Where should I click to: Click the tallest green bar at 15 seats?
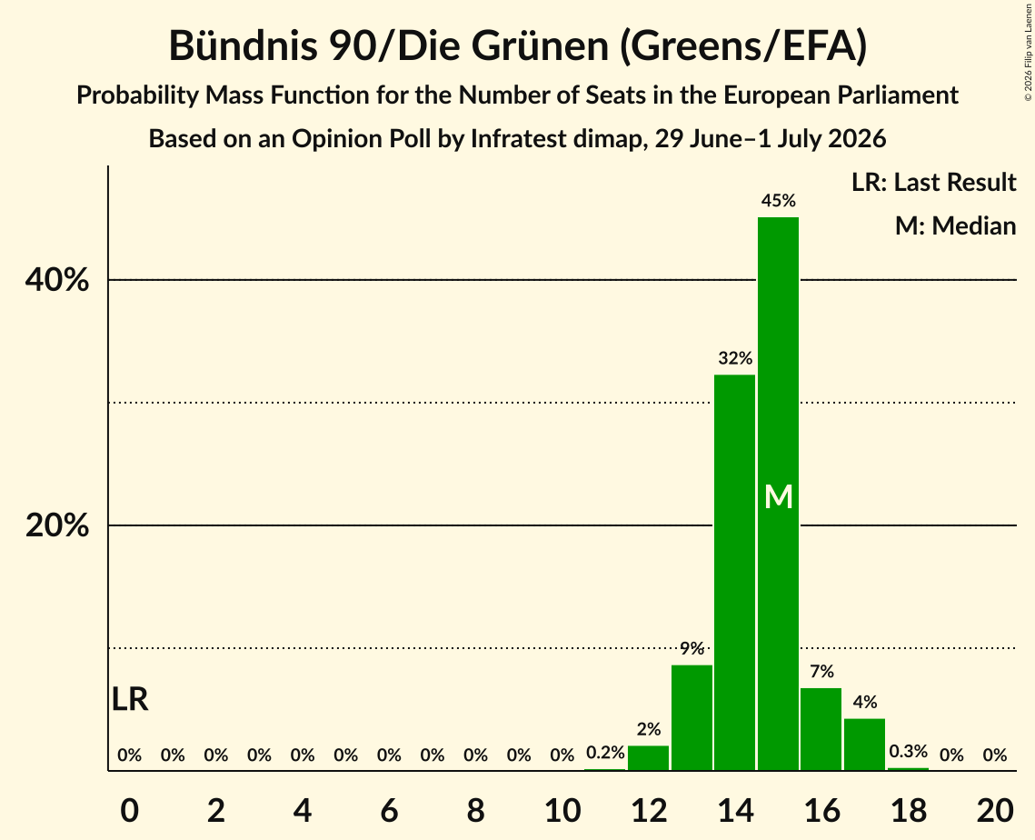pyautogui.click(x=778, y=494)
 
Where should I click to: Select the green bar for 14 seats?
pyautogui.click(x=734, y=573)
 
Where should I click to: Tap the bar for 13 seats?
pyautogui.click(x=692, y=717)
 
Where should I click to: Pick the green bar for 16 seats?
pyautogui.click(x=821, y=729)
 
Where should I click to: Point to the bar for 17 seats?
pyautogui.click(x=865, y=745)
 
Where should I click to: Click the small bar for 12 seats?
pyautogui.click(x=648, y=758)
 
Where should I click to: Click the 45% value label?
pyautogui.click(x=778, y=200)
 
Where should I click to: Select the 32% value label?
pyautogui.click(x=735, y=358)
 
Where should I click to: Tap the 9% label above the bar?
pyautogui.click(x=692, y=648)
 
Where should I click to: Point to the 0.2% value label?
pyautogui.click(x=605, y=752)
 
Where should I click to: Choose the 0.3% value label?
pyautogui.click(x=909, y=751)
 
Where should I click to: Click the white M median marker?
pyautogui.click(x=778, y=496)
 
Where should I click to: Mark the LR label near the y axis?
pyautogui.click(x=130, y=699)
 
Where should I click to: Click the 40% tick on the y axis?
pyautogui.click(x=56, y=280)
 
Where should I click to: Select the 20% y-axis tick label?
pyautogui.click(x=56, y=525)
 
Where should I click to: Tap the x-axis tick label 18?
pyautogui.click(x=909, y=810)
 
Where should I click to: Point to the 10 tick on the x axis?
pyautogui.click(x=562, y=810)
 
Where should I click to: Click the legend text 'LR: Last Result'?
pyautogui.click(x=933, y=182)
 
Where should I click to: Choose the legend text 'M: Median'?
pyautogui.click(x=955, y=225)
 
